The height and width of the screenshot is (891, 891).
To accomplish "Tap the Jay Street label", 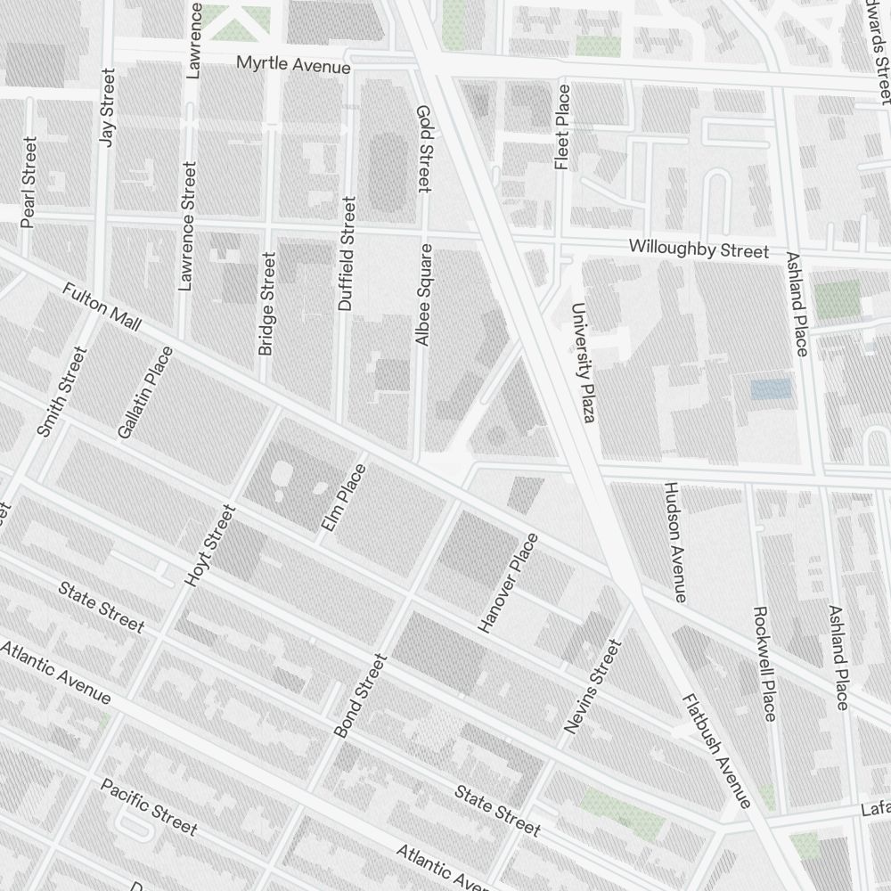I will pos(109,109).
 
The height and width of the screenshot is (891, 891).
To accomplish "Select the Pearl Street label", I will pos(29,182).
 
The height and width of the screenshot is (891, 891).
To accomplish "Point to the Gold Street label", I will pos(423,148).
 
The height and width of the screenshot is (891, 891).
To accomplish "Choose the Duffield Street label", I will pos(347,253).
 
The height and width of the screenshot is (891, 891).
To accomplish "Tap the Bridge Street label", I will pos(266,303).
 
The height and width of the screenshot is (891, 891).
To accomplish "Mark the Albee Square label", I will pos(424,294).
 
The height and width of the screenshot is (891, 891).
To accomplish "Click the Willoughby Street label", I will pos(698,249).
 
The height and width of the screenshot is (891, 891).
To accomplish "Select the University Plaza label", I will pos(583,362).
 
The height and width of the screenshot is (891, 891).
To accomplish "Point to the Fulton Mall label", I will pos(102,307).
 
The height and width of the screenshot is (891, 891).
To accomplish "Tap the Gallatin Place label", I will pos(144,392).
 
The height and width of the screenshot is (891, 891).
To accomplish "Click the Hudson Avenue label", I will pos(674,543).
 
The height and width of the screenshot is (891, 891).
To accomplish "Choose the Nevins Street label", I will pos(592,687).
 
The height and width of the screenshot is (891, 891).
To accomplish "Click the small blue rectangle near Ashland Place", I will pos(771,388).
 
